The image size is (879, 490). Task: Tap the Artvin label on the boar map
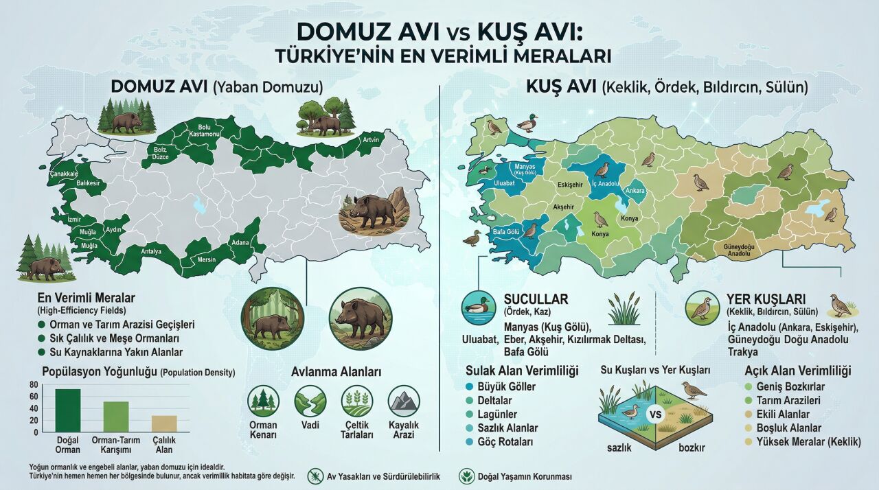pyautogui.click(x=370, y=141)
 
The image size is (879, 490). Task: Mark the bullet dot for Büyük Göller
pyautogui.click(x=470, y=386)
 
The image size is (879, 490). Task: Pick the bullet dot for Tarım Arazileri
pyautogui.click(x=749, y=401)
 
